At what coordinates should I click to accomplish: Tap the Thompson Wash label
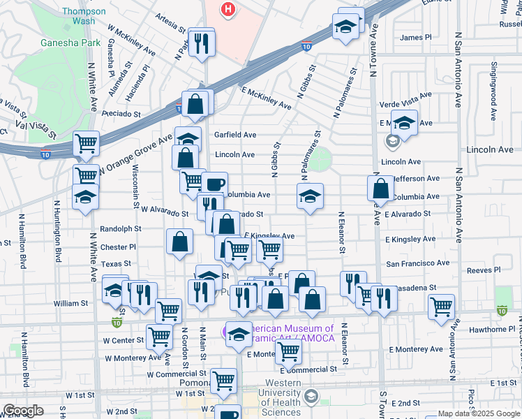point(83,16)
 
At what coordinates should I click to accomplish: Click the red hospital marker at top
point(228,9)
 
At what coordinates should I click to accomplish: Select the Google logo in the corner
point(22,411)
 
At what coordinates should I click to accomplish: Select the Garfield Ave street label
point(235,135)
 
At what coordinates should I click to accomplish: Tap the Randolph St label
point(121,228)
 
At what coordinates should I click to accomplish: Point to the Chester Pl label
point(118,247)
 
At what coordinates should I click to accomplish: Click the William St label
point(70,303)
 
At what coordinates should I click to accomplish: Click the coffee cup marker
point(215,185)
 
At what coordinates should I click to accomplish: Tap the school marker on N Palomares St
point(311,196)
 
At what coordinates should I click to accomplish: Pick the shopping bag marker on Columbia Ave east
point(380,189)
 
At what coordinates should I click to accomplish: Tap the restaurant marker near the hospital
point(202,43)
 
